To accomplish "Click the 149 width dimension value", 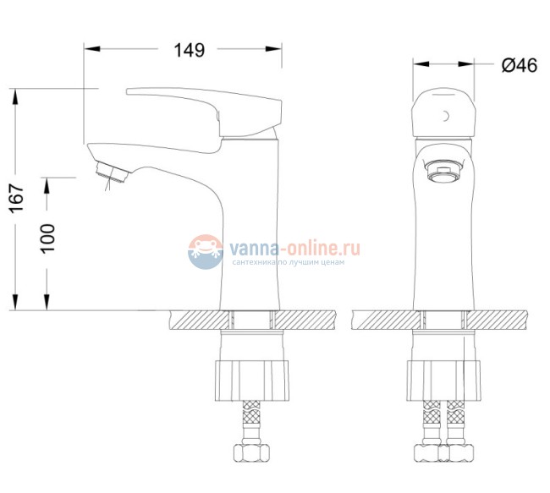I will tap(189, 50).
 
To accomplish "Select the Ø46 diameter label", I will tap(519, 64).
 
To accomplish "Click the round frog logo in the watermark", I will tap(204, 252).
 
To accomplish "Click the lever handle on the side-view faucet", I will tap(203, 107).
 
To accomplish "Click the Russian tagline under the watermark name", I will tap(295, 264).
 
